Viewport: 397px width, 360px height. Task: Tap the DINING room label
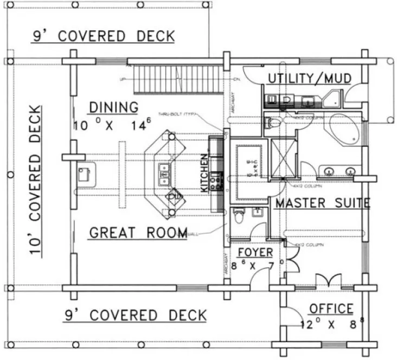point(113,107)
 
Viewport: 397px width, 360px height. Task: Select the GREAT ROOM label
point(138,233)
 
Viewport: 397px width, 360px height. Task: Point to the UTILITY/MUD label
point(309,79)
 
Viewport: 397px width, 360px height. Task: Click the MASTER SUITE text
point(322,203)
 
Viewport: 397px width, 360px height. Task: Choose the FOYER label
point(255,253)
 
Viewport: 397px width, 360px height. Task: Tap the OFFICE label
point(331,308)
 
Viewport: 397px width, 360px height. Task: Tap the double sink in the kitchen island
point(163,172)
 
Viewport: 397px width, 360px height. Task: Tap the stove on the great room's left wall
point(84,174)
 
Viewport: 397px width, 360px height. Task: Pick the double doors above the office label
point(328,280)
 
